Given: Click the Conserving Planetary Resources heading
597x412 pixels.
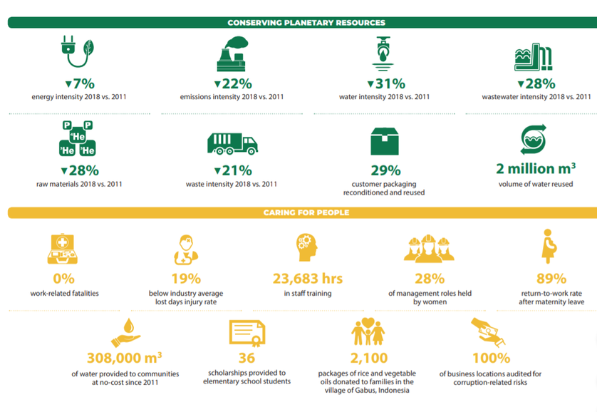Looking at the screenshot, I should point(306,23).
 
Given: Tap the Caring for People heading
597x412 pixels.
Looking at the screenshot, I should point(306,212).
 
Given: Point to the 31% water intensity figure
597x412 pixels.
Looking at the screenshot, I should point(385,84).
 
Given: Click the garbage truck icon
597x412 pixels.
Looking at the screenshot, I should point(232,143).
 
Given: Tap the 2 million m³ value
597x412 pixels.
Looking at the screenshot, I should point(536,169).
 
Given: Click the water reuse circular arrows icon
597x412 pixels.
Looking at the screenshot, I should point(536,138).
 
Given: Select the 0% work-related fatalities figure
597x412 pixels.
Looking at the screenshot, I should point(64,279).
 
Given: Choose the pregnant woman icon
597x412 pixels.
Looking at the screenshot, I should point(547,247).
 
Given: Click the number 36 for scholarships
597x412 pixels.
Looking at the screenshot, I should point(247,358).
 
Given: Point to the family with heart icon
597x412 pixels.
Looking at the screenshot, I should point(368,333).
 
